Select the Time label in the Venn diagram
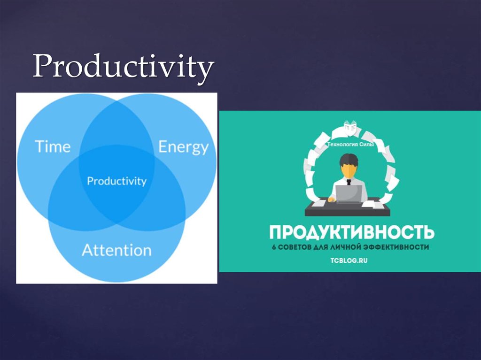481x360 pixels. pyautogui.click(x=53, y=146)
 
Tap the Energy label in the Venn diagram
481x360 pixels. pyautogui.click(x=183, y=147)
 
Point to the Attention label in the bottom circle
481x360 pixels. pyautogui.click(x=116, y=250)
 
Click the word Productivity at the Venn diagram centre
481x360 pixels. pyautogui.click(x=116, y=181)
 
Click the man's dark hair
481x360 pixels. pyautogui.click(x=349, y=159)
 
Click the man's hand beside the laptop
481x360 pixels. pyautogui.click(x=332, y=199)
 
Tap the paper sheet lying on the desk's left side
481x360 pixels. pyautogui.click(x=318, y=204)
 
